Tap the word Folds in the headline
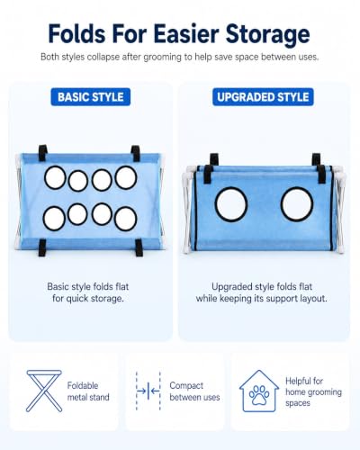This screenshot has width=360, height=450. [x=76, y=33]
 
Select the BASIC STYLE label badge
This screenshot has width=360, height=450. [x=91, y=97]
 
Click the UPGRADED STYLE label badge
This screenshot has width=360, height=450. [x=263, y=97]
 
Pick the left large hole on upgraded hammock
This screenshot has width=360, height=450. [x=231, y=204]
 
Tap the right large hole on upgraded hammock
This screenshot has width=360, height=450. [x=297, y=204]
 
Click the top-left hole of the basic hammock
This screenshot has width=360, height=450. [x=55, y=177]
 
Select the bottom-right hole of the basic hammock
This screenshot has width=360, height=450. [x=125, y=219]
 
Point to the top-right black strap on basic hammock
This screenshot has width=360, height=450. [x=136, y=153]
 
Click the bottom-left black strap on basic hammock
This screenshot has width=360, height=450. [x=42, y=247]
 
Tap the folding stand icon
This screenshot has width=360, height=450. [x=44, y=391]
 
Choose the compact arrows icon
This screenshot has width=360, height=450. [x=148, y=391]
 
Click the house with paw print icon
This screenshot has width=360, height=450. [x=259, y=391]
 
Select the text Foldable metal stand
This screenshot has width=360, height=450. [x=88, y=391]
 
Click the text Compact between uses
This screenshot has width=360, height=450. [x=194, y=391]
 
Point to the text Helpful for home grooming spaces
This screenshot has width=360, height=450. [x=313, y=391]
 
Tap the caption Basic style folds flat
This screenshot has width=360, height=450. [x=88, y=286]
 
